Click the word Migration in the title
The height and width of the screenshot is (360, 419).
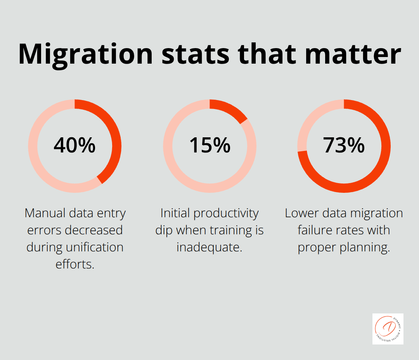(x=85, y=54)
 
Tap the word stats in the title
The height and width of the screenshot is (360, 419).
(x=196, y=54)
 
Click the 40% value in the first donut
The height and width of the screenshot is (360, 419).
(x=74, y=145)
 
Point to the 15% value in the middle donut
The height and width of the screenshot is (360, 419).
(x=209, y=145)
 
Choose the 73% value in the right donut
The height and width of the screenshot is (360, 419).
(x=344, y=145)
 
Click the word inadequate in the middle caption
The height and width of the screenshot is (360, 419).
(x=209, y=247)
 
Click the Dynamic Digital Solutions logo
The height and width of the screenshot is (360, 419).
(x=388, y=329)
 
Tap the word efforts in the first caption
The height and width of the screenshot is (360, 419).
(x=74, y=264)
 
